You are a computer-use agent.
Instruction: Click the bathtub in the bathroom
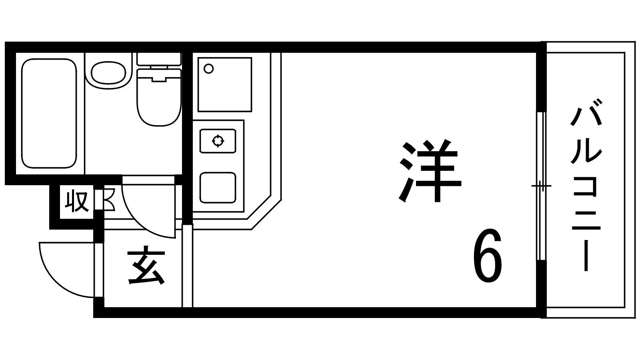[49, 114]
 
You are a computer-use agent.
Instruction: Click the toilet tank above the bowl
[159, 58]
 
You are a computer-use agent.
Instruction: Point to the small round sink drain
[208, 69]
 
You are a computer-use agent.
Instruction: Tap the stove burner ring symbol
[218, 141]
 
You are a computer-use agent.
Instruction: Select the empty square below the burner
[218, 187]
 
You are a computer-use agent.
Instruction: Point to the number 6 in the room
[487, 256]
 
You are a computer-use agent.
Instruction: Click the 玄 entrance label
[146, 267]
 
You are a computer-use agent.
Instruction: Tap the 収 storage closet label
[77, 202]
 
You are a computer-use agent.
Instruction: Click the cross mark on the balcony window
[541, 186]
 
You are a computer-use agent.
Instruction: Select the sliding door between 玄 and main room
[187, 266]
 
